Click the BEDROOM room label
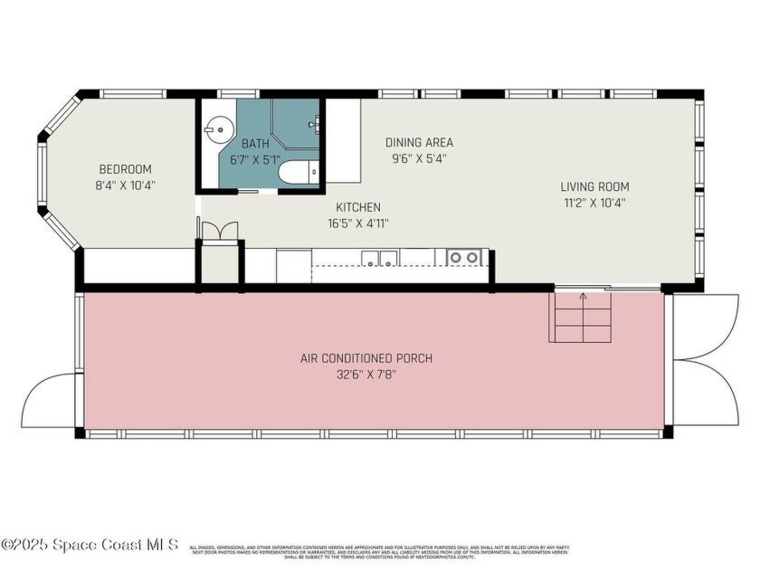click(125, 169)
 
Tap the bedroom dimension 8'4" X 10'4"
click(125, 185)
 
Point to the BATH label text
click(256, 144)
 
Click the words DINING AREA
click(419, 142)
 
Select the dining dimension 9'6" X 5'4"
click(419, 157)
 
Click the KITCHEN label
click(358, 207)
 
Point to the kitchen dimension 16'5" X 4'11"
click(358, 223)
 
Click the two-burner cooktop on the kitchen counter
click(463, 258)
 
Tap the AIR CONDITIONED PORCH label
click(366, 358)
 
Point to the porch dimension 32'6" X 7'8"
click(366, 374)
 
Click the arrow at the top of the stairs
click(583, 296)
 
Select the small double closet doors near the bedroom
click(219, 231)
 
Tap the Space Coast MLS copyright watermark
click(90, 545)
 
